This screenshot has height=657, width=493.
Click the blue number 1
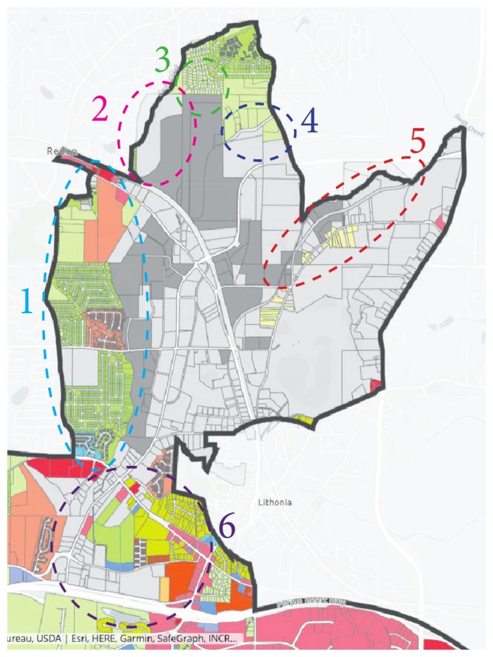tap(27, 301)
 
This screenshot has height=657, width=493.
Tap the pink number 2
tap(101, 110)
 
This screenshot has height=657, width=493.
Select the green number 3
tap(162, 60)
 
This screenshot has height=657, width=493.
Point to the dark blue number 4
tap(309, 121)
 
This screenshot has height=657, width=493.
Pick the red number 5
tap(418, 142)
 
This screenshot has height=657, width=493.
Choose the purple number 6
tap(227, 527)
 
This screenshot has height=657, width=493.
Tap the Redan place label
tap(62, 151)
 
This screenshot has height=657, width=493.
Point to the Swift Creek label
tap(463, 120)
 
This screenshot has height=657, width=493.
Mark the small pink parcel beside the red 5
tap(440, 221)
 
